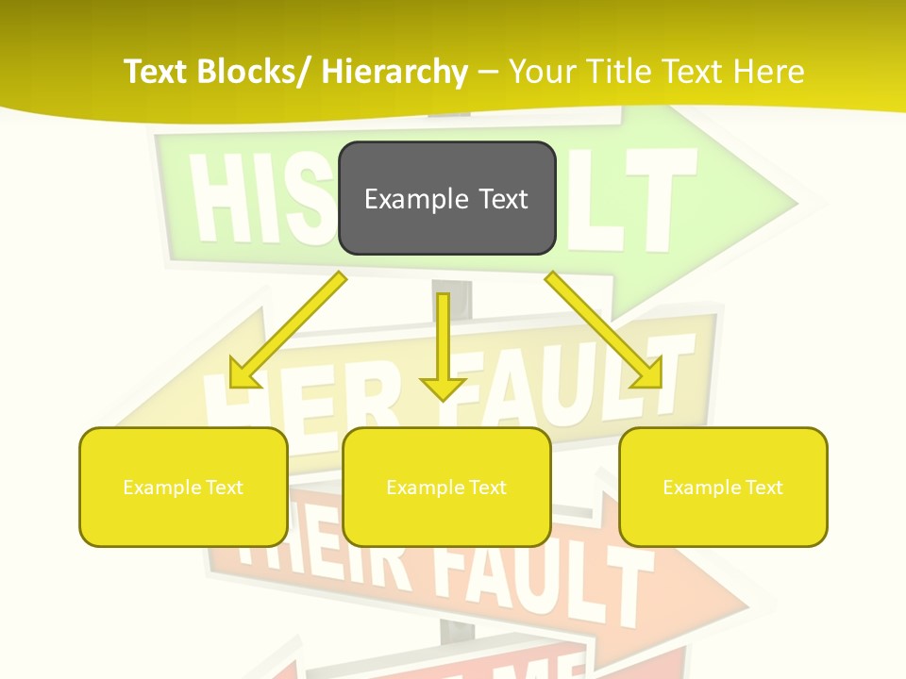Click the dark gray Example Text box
pyautogui.click(x=446, y=198)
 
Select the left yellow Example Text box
pyautogui.click(x=183, y=487)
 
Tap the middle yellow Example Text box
pyautogui.click(x=446, y=487)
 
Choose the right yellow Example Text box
pyautogui.click(x=723, y=487)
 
